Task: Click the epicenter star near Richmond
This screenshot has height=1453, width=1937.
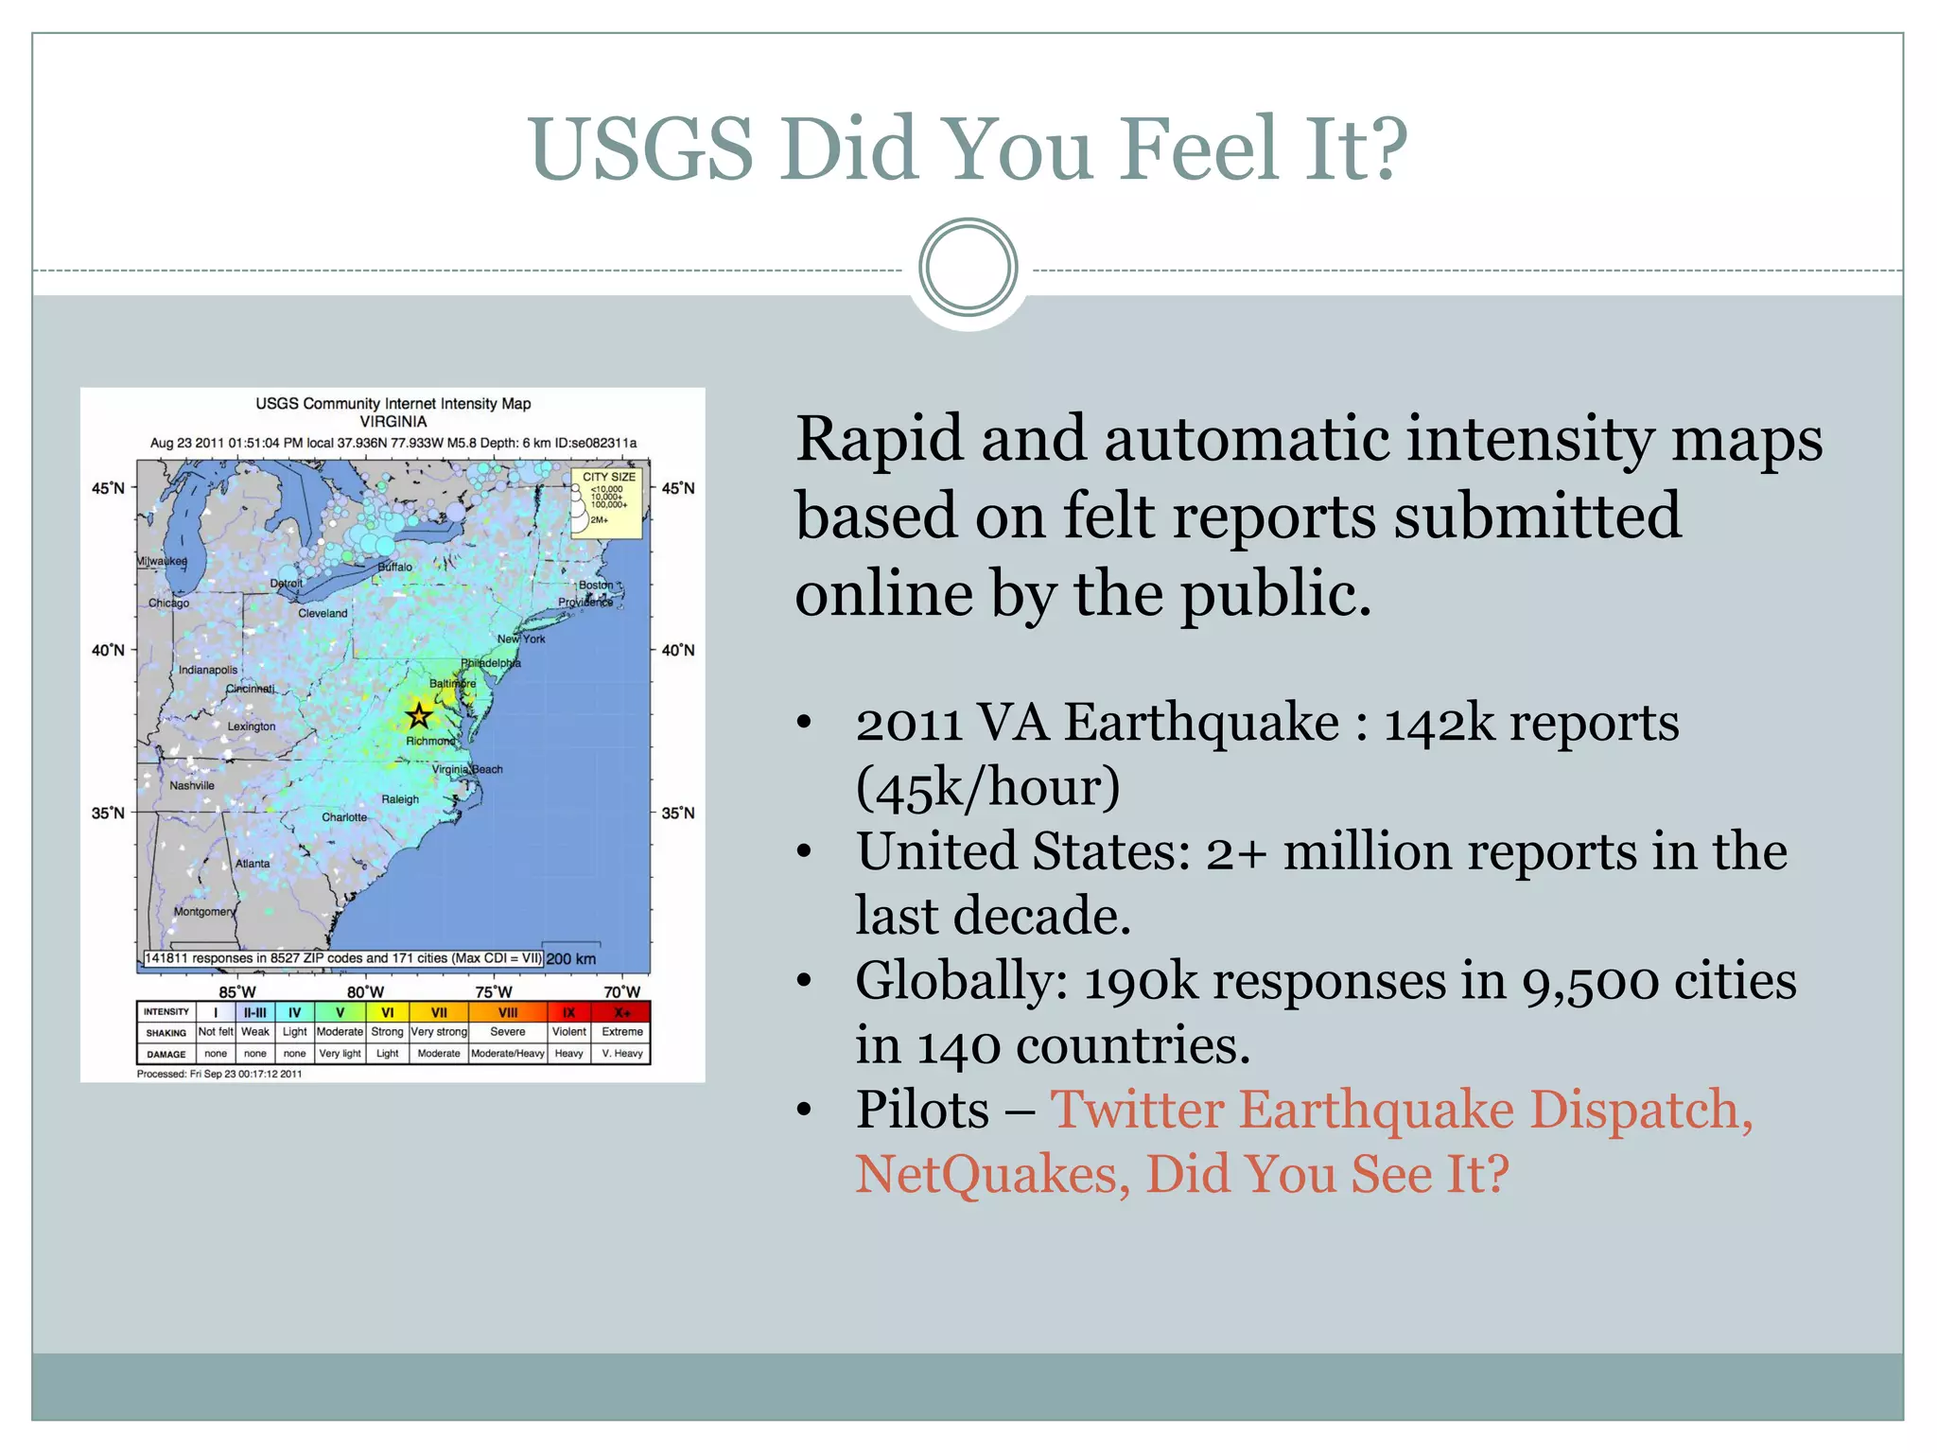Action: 419,716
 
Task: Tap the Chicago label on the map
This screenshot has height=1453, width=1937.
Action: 168,603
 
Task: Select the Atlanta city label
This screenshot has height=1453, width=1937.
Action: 253,864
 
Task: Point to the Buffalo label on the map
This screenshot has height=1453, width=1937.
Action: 395,567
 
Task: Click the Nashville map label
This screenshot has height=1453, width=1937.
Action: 192,785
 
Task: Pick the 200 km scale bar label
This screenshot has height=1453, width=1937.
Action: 571,958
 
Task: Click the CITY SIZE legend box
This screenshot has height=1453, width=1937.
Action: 607,502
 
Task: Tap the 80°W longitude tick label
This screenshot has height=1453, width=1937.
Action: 365,991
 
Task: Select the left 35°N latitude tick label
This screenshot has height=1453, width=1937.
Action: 108,813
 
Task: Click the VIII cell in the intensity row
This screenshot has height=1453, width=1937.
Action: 508,1012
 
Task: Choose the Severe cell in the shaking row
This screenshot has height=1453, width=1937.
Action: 508,1032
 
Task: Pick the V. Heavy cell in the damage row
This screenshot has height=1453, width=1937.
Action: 621,1053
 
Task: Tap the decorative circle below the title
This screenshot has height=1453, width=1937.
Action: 968,268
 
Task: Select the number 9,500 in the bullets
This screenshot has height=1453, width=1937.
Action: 1590,981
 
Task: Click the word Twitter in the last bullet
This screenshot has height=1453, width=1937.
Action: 1137,1110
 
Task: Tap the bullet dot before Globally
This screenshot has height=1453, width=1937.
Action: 804,981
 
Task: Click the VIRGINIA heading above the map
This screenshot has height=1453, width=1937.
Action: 393,422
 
